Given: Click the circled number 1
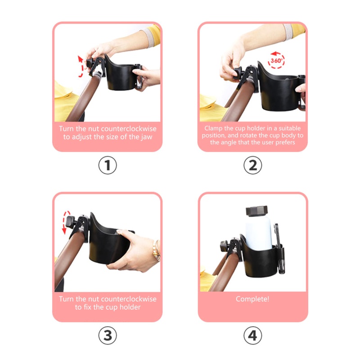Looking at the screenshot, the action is click(108, 165).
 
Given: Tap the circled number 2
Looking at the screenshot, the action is click(252, 165).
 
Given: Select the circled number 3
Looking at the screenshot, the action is click(108, 335).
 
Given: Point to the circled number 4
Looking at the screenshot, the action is click(252, 335).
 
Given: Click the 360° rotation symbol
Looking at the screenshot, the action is click(276, 60).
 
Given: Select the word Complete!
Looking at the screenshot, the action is click(252, 299).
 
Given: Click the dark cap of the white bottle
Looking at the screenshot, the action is click(256, 211).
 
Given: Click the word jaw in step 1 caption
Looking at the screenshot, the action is click(147, 137).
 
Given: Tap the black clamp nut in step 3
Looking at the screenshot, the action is click(71, 222).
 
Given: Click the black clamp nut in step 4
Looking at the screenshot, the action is click(224, 246).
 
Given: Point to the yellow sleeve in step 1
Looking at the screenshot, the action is click(154, 35).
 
